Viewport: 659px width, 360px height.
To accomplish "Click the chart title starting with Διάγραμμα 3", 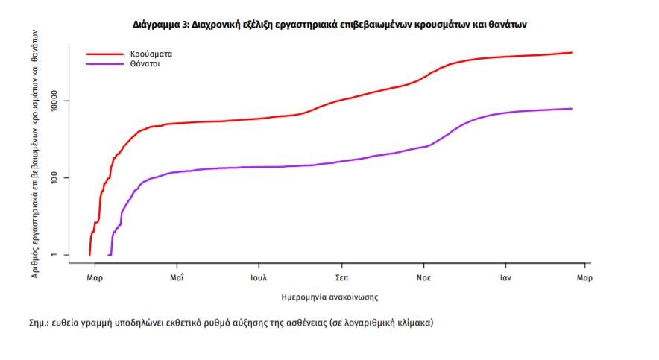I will pyautogui.click(x=330, y=25).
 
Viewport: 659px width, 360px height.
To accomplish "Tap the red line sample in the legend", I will pyautogui.click(x=104, y=54).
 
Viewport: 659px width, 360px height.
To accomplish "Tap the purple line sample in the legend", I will pyautogui.click(x=104, y=64).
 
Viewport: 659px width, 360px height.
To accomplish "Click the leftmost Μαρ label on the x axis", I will pyautogui.click(x=95, y=277).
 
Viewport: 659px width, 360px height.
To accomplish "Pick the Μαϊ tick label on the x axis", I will pyautogui.click(x=177, y=277).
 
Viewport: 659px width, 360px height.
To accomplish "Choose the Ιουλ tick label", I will pyautogui.click(x=259, y=277).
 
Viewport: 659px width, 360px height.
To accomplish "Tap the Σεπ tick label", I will pyautogui.click(x=341, y=277).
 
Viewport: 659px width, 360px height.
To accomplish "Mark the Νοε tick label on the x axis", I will pyautogui.click(x=423, y=277).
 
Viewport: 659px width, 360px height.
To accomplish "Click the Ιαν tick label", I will pyautogui.click(x=505, y=277).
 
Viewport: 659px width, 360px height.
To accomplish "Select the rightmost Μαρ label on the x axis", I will pyautogui.click(x=584, y=277).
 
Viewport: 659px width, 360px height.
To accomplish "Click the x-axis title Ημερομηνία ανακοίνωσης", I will pyautogui.click(x=329, y=297).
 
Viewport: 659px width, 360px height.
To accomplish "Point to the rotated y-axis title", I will pyautogui.click(x=35, y=149).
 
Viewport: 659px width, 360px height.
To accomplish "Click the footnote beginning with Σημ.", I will pyautogui.click(x=230, y=323).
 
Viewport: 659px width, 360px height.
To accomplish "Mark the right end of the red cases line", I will pyautogui.click(x=571, y=52).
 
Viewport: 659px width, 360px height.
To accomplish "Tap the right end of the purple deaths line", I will pyautogui.click(x=571, y=109).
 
